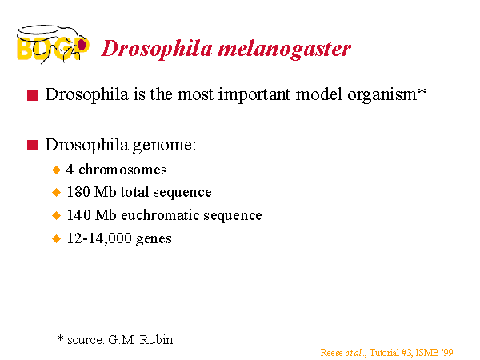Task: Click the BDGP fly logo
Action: pos(53,44)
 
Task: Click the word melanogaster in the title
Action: pos(284,50)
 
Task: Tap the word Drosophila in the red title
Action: pos(157,49)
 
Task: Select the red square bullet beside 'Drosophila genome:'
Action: pos(33,145)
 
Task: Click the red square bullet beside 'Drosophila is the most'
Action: pos(33,95)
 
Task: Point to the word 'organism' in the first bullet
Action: pos(382,95)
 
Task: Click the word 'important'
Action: pos(254,94)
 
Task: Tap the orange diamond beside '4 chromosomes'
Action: pos(56,170)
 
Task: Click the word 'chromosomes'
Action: pos(122,170)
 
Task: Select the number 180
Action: pos(78,192)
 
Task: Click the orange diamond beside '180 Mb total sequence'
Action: pos(56,193)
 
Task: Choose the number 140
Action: pos(78,215)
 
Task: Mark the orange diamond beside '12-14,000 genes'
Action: pos(56,238)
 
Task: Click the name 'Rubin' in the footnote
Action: pos(156,340)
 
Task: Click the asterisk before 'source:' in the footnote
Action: pos(60,338)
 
